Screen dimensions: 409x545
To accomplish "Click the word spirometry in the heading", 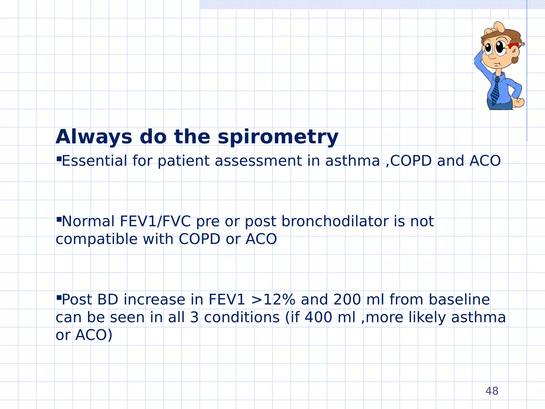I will [278, 137].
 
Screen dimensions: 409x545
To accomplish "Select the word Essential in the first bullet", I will [94, 161].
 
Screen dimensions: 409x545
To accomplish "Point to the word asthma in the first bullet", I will [353, 161].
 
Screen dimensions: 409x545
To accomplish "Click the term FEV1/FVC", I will [155, 221].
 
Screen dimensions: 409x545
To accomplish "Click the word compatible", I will [96, 239].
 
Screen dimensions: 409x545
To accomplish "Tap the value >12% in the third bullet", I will [273, 300].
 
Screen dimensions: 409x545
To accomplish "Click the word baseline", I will [459, 300].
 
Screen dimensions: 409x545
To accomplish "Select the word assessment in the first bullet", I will [258, 161].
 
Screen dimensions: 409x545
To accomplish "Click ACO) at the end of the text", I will [94, 335].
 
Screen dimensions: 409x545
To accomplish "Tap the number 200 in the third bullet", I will [347, 300].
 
